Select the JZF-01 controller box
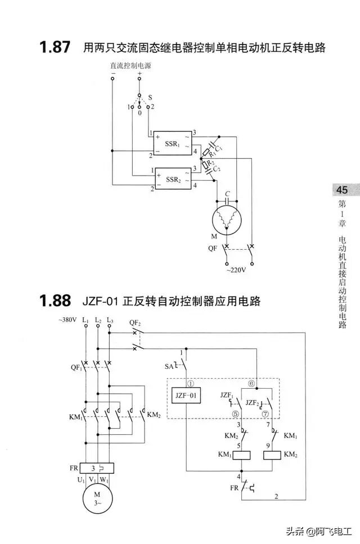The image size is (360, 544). pyautogui.click(x=186, y=395)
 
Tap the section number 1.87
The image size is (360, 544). pyautogui.click(x=55, y=47)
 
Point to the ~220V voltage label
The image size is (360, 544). pyautogui.click(x=236, y=270)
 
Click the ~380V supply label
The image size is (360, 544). pyautogui.click(x=67, y=321)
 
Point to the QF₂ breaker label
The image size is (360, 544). pyautogui.click(x=134, y=322)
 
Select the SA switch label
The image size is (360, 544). pyautogui.click(x=169, y=366)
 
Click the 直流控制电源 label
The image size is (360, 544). pyautogui.click(x=130, y=66)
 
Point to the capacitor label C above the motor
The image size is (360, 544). pyautogui.click(x=227, y=194)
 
